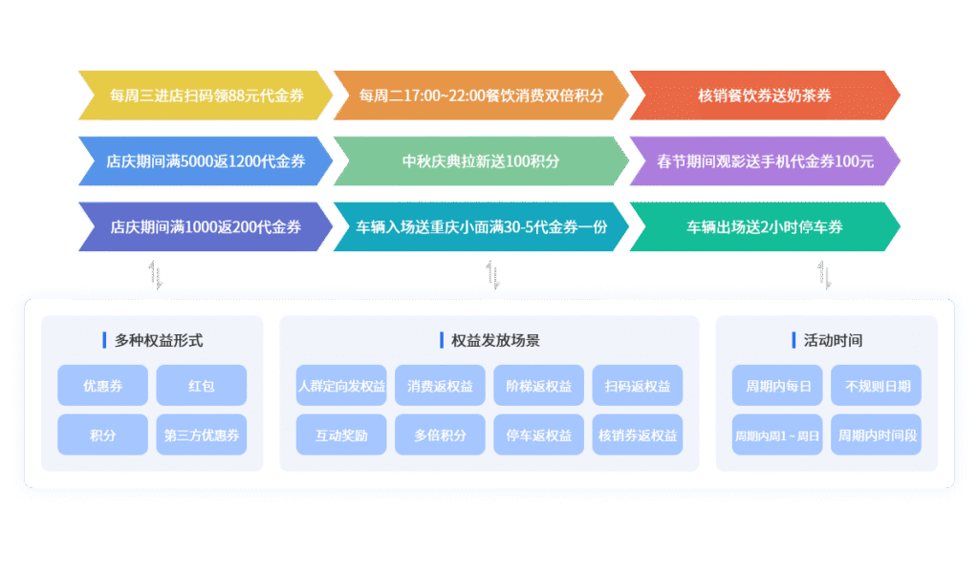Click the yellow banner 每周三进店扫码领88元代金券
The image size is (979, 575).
coord(206,96)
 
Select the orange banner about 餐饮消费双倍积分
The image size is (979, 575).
coord(481,96)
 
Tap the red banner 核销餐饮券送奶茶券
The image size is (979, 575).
coord(764,96)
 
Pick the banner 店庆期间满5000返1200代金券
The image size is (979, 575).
coord(206,161)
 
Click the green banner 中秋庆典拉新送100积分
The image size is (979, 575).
coord(481,161)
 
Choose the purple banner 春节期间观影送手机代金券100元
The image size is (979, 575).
coord(764,161)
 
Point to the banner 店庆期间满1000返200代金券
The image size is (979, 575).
coord(206,227)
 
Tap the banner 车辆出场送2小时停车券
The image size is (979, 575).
coord(764,227)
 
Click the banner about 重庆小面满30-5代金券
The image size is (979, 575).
coord(481,227)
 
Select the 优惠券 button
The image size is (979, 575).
coord(102,386)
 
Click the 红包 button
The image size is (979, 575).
coord(202,386)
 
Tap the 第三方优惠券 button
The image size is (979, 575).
coord(202,435)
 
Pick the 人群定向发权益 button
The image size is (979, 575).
coord(341,386)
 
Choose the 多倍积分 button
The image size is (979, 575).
coord(441,435)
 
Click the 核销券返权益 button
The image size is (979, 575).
coord(638,435)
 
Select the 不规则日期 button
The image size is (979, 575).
coord(877,386)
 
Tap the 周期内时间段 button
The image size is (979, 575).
coord(877,435)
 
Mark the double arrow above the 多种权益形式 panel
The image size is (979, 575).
coord(156,275)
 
